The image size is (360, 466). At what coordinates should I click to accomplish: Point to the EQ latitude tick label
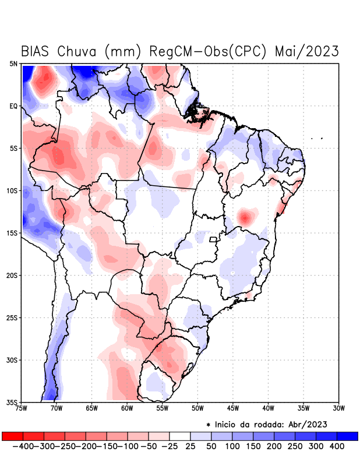point(13,107)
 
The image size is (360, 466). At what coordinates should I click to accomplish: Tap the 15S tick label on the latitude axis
point(13,233)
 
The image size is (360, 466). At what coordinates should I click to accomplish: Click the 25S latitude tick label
point(13,317)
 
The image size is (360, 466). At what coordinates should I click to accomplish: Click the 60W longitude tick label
point(126,408)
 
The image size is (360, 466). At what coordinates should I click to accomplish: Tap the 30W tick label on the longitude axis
point(338,408)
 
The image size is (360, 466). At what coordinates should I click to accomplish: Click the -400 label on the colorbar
point(23,446)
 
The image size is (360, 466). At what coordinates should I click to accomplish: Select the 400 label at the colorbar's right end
point(337,446)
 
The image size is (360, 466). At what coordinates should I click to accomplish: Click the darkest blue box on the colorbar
point(347,436)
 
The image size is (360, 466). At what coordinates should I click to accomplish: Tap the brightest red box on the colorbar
point(12,436)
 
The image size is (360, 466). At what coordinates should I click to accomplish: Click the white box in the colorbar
point(180,436)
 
